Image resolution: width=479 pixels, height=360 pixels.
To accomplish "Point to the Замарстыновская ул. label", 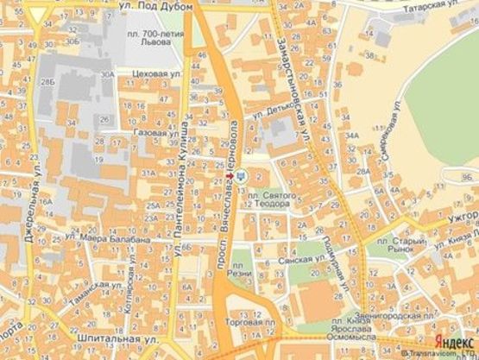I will pos(295,97).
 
